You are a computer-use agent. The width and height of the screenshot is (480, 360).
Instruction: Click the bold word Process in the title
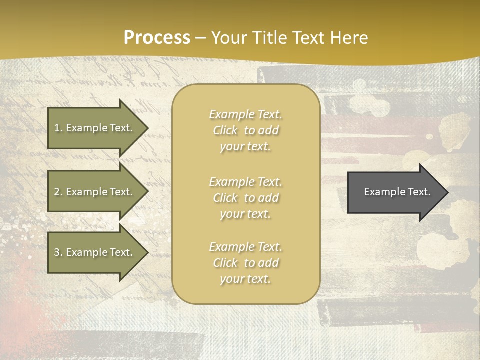(157, 38)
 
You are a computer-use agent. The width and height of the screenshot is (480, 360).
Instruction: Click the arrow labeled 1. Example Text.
(95, 128)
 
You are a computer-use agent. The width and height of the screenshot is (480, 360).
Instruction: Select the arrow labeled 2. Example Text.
(95, 192)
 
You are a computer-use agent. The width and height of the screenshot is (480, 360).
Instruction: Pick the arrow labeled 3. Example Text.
(95, 252)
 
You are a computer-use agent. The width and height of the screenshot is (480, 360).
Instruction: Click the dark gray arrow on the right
(395, 192)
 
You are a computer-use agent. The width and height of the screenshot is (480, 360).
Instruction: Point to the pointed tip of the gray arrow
(447, 192)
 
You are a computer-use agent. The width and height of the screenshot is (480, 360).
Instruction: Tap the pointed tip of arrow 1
(147, 128)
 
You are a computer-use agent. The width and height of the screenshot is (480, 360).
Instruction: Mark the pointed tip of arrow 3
(147, 252)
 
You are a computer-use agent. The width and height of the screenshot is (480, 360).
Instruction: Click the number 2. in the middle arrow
(58, 192)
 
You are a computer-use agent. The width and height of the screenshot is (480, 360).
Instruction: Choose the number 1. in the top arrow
(58, 128)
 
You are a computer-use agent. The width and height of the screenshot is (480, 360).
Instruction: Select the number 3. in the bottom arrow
(58, 252)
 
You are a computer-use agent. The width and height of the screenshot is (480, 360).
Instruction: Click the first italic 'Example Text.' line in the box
(245, 114)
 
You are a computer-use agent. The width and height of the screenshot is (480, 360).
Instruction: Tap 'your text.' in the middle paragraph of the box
(245, 214)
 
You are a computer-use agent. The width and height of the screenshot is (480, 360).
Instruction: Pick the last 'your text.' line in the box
(245, 279)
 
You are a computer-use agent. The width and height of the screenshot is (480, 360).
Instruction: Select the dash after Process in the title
(201, 38)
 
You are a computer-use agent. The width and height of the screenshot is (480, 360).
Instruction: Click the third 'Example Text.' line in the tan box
(245, 247)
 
